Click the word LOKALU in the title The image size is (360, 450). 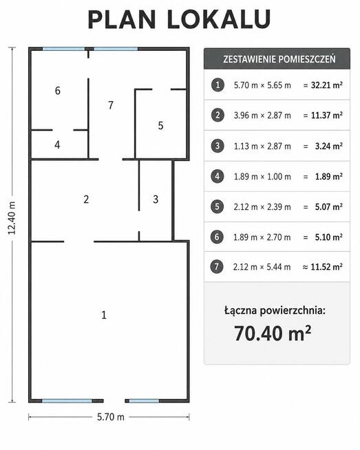tap(219, 19)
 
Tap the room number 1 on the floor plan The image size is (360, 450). tap(104, 315)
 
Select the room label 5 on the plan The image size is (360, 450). tap(160, 125)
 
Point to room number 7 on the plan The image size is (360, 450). tap(111, 105)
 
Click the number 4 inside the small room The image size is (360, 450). tap(57, 144)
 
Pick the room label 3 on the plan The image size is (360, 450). tap(156, 199)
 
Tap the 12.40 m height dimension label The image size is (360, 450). tap(12, 218)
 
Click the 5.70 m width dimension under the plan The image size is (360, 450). tap(111, 417)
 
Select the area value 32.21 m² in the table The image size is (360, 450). tap(327, 85)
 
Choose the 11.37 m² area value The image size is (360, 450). tap(327, 116)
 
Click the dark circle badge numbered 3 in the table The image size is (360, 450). tap(218, 146)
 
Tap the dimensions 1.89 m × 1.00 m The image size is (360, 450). tap(262, 177)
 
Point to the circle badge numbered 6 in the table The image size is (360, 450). tap(217, 237)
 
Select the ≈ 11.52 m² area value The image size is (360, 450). tap(322, 267)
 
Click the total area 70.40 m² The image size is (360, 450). tap(272, 333)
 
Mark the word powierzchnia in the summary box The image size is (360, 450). tap(293, 311)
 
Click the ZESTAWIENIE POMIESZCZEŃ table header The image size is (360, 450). tap(279, 59)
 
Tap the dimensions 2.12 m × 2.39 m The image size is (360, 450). tap(262, 207)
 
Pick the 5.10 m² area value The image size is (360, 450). tap(329, 237)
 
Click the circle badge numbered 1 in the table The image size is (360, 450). tap(218, 85)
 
